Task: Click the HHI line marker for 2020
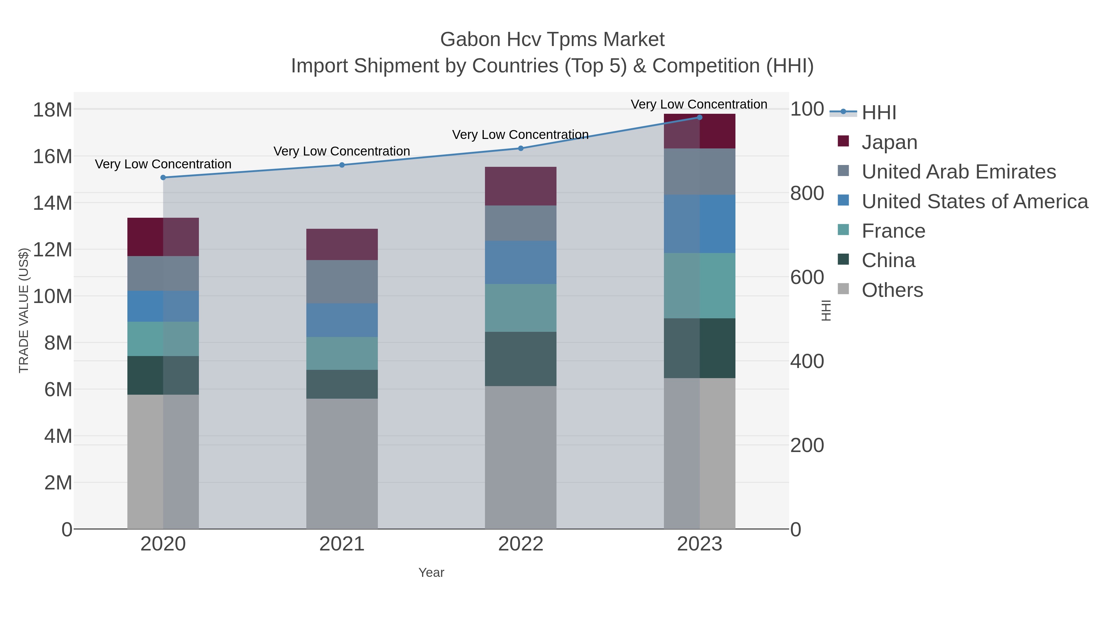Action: (163, 178)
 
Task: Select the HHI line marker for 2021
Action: (342, 165)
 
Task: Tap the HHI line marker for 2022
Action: (521, 148)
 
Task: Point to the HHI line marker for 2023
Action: (700, 117)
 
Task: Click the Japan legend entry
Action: (889, 142)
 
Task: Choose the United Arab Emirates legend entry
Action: (958, 172)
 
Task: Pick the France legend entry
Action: (893, 231)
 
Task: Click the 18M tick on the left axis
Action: (52, 110)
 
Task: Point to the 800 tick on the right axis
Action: (807, 193)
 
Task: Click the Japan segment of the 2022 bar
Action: (521, 186)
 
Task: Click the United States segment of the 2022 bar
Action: (521, 262)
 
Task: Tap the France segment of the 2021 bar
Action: (342, 353)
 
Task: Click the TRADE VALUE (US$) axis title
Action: (24, 310)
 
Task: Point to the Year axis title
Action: (431, 573)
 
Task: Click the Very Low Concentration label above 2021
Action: (342, 151)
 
